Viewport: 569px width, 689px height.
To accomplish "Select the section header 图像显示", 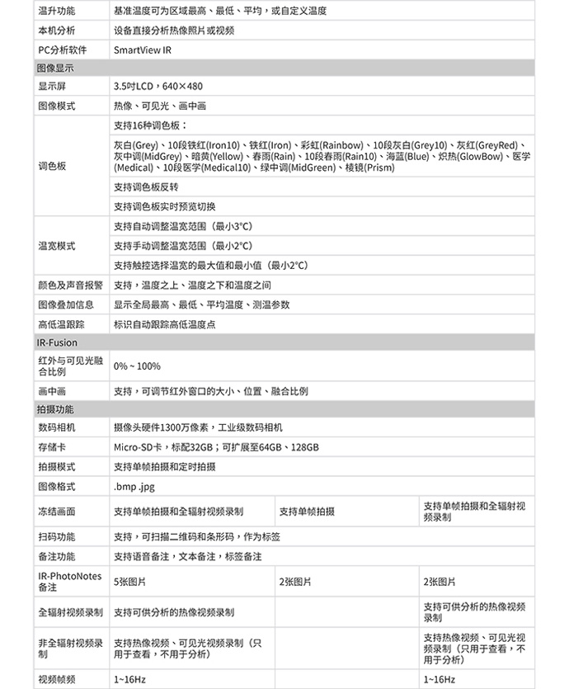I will [x=55, y=68].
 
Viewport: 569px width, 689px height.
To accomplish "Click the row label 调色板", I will [x=51, y=166].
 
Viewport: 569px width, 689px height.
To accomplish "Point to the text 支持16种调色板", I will [x=150, y=125].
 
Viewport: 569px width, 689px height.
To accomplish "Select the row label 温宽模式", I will [x=56, y=246].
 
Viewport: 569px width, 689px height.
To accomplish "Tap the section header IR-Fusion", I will [x=57, y=342].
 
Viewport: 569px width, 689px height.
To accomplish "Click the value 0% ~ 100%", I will [x=137, y=366].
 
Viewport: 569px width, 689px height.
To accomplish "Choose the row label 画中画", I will [x=51, y=391].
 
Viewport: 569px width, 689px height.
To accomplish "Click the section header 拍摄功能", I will [x=55, y=409].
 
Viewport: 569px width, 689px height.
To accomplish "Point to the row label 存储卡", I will [x=51, y=447].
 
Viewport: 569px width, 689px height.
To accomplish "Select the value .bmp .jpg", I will [x=134, y=487].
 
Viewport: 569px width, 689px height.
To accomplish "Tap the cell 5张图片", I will [x=129, y=582].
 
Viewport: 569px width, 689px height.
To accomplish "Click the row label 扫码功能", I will [x=56, y=536].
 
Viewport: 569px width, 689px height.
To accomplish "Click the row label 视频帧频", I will [x=56, y=679].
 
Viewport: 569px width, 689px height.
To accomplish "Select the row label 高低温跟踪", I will [x=61, y=324].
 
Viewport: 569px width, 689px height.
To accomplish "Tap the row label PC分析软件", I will [x=62, y=50].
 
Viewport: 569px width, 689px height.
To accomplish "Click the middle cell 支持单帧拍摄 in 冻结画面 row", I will [x=307, y=512].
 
